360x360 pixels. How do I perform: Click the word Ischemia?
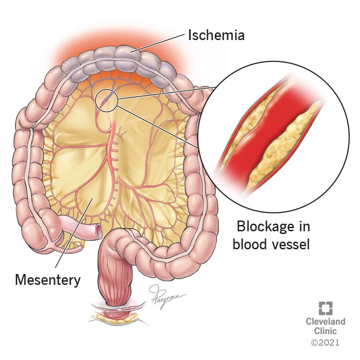(x=216, y=35)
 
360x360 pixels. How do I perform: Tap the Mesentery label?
(x=48, y=279)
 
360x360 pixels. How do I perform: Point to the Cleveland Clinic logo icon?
(x=325, y=308)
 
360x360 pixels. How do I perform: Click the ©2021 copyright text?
(x=325, y=342)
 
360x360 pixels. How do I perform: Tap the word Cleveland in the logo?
(x=325, y=321)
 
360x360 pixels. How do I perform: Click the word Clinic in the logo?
(x=325, y=332)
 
